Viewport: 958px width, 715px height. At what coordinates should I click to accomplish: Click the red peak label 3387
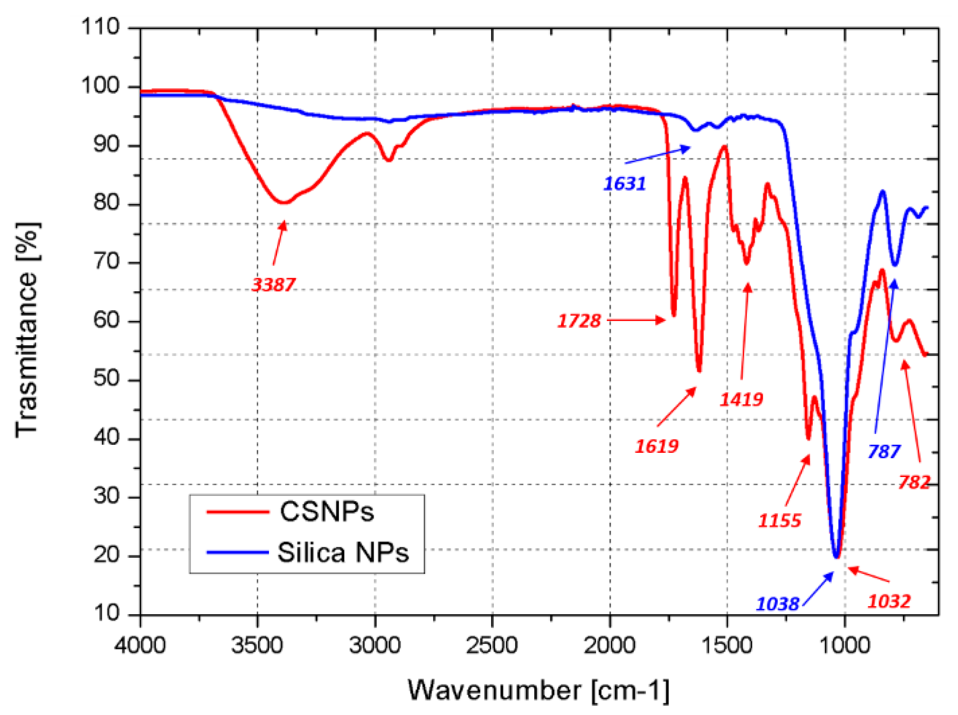click(x=274, y=284)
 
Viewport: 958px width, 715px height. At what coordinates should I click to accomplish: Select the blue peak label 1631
click(x=625, y=184)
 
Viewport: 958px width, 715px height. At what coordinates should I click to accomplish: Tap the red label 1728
click(x=579, y=321)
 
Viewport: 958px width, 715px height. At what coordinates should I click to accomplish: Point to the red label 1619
click(x=656, y=446)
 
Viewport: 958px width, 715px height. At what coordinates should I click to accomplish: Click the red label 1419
click(x=741, y=399)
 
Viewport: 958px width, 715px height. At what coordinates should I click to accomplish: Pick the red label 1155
click(x=779, y=520)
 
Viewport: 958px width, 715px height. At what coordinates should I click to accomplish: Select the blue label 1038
click(x=777, y=604)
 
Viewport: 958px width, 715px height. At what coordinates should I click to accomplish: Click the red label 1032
click(x=889, y=600)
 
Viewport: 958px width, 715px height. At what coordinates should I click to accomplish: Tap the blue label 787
click(x=884, y=451)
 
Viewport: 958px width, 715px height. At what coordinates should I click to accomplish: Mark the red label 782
click(x=914, y=482)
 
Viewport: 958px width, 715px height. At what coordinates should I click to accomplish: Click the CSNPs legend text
click(x=327, y=511)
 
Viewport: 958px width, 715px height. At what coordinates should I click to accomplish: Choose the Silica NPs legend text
click(x=343, y=552)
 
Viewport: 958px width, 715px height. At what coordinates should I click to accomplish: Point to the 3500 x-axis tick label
click(x=257, y=644)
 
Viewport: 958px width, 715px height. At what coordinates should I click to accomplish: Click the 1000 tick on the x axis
click(x=845, y=644)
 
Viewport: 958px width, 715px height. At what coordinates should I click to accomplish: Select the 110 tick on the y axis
click(x=100, y=26)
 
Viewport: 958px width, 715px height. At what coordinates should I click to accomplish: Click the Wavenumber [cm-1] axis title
click(x=538, y=690)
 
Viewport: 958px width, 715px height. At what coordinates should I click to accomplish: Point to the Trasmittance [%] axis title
click(x=26, y=330)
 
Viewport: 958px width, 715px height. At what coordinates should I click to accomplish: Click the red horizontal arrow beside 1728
click(x=636, y=320)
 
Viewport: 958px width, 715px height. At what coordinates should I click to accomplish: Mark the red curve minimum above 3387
click(x=284, y=202)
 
